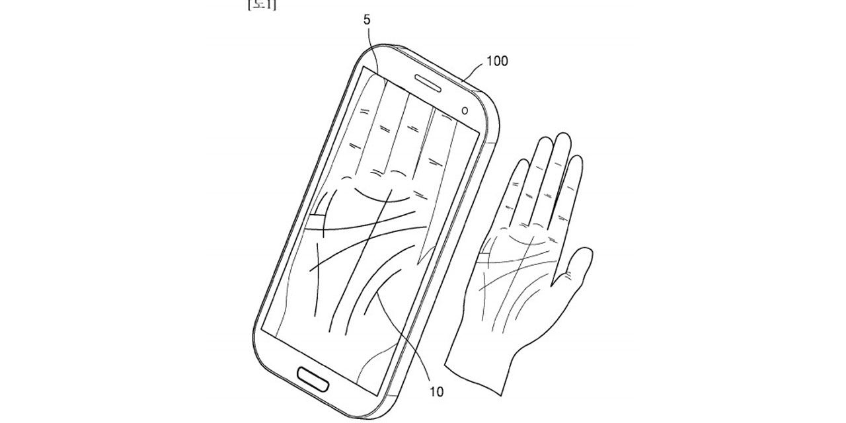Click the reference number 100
tap(497, 61)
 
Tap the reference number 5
tap(367, 20)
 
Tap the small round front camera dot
tap(465, 110)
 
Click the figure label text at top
tap(262, 5)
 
